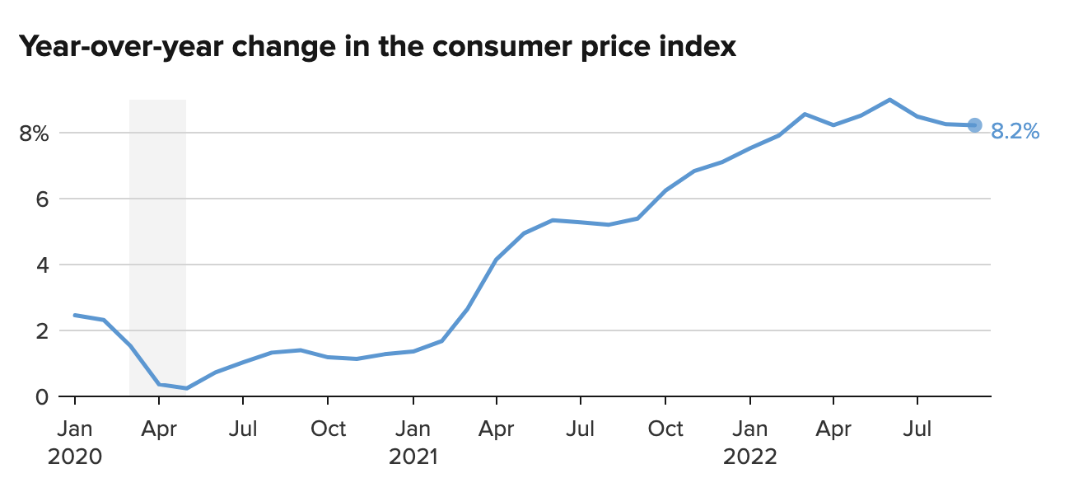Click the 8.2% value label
point(1015,131)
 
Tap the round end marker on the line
point(974,125)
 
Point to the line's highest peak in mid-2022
point(889,100)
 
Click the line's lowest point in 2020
point(187,388)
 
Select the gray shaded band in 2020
point(157,247)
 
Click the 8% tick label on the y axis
point(35,134)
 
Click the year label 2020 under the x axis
point(75,457)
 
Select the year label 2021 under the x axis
point(413,457)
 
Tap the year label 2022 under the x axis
point(750,457)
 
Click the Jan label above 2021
point(413,429)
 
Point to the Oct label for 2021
point(665,429)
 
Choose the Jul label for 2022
point(917,429)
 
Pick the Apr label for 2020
point(159,429)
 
